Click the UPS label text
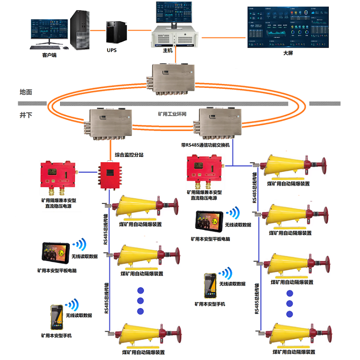coord(112,50)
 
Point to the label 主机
coord(168,50)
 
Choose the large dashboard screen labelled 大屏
coord(287,27)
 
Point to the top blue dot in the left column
coord(141,290)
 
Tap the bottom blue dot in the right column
coord(289,314)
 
